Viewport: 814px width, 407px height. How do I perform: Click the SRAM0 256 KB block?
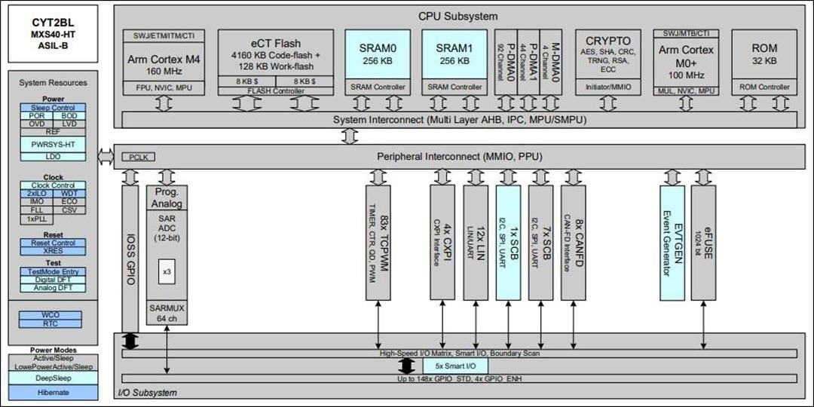pos(378,54)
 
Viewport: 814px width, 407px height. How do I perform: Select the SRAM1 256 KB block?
pos(454,54)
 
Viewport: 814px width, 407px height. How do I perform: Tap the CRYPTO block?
pos(607,55)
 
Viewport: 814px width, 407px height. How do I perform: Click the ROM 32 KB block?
pos(764,55)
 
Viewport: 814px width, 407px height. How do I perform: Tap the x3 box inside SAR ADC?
pos(167,271)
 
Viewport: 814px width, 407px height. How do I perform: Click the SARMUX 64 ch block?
pos(167,314)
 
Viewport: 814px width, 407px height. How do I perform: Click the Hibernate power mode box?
pos(53,392)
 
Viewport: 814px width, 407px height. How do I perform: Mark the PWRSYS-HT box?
pos(53,144)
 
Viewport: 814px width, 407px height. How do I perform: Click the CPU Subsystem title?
pos(457,16)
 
